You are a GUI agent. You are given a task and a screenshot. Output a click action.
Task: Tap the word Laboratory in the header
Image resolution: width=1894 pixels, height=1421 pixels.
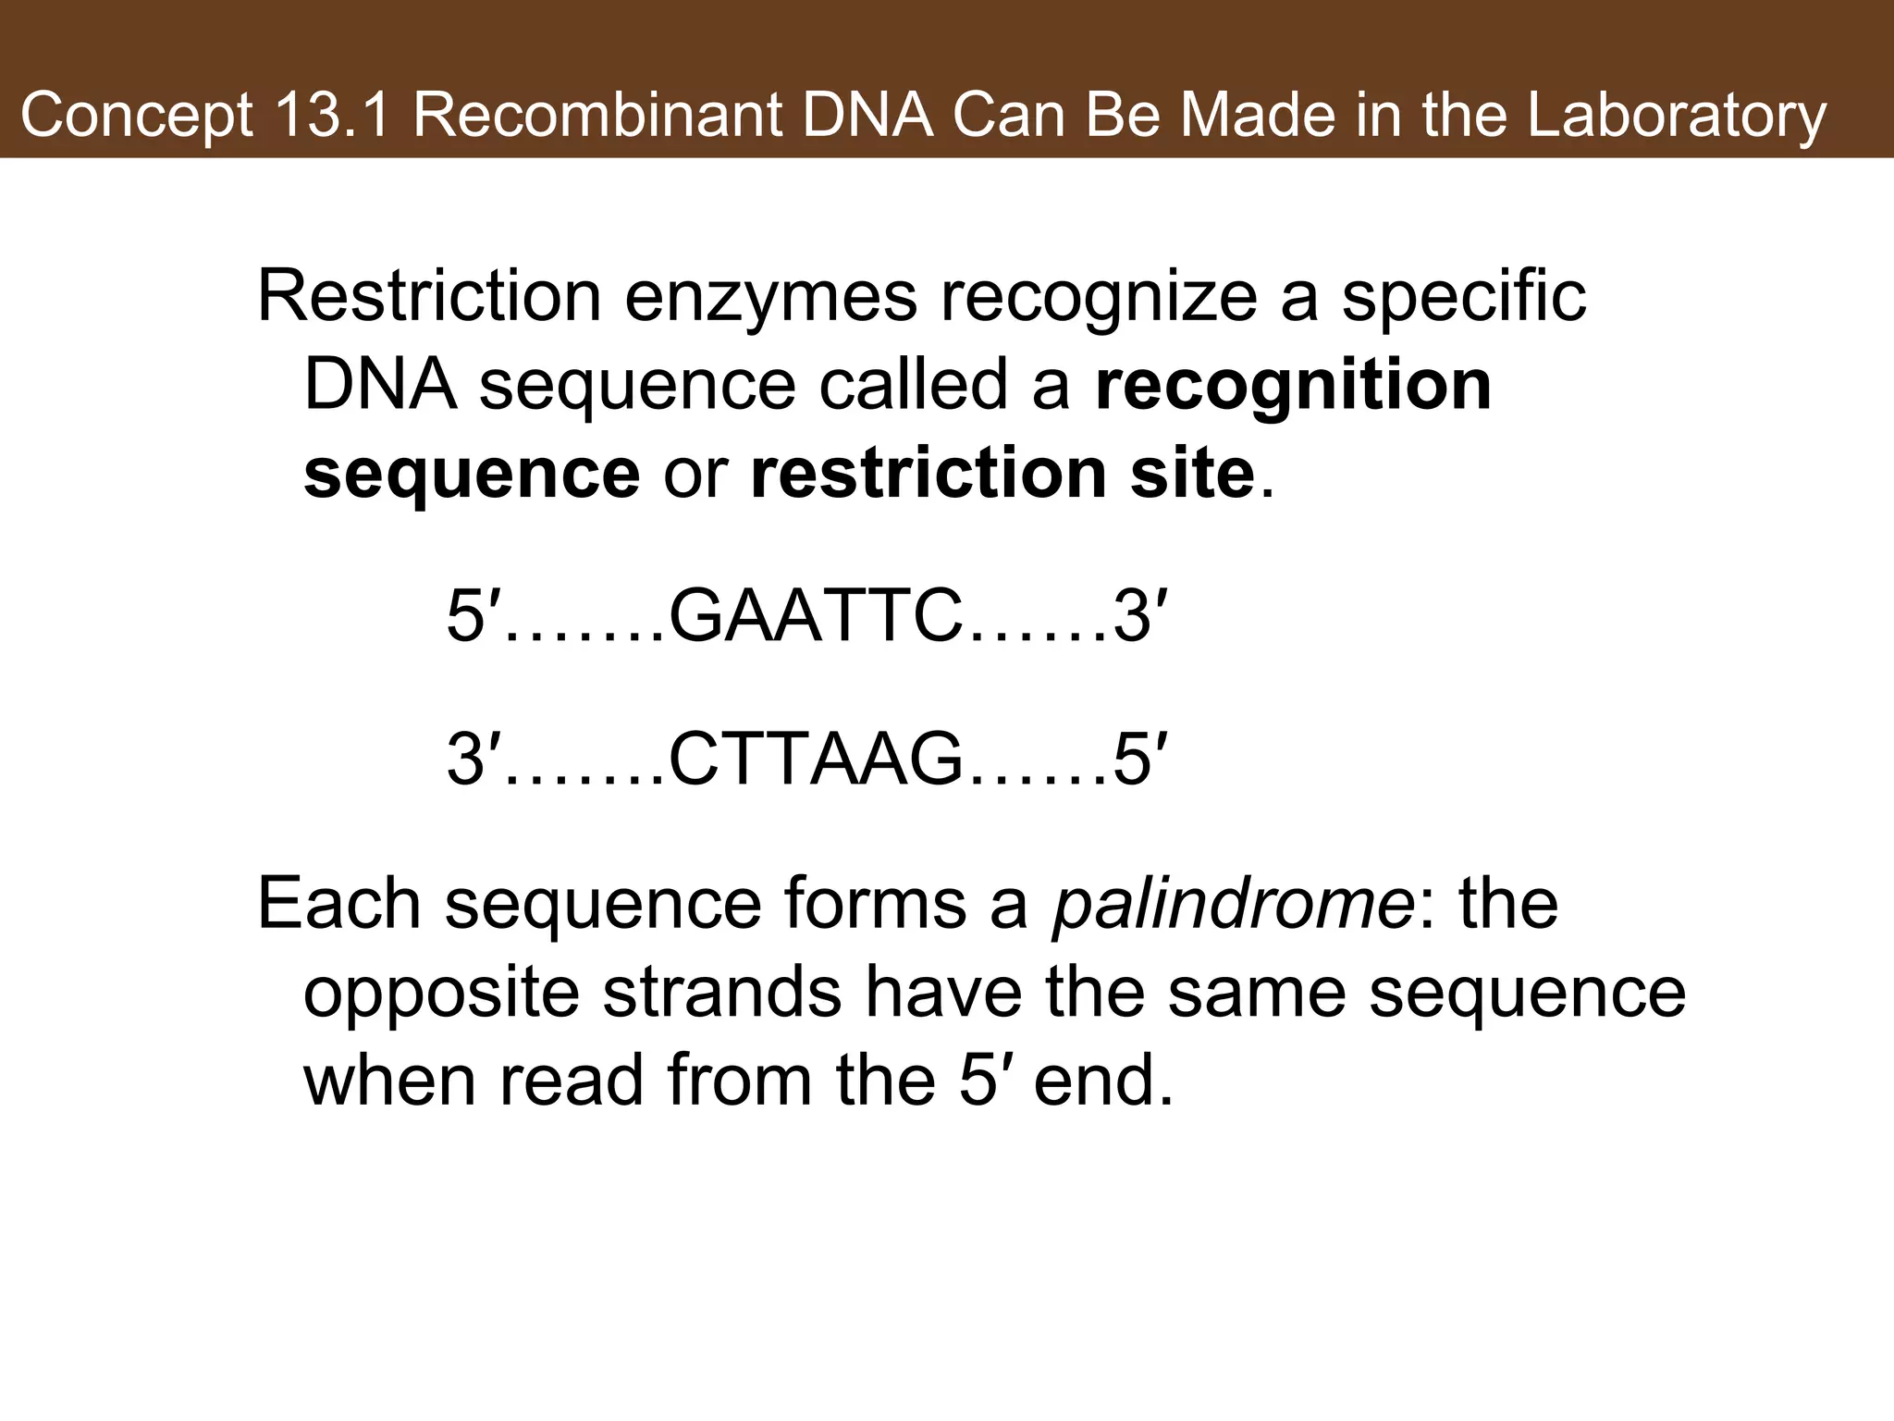click(1677, 116)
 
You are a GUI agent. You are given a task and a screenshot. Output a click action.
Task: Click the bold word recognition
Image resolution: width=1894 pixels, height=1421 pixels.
click(1293, 387)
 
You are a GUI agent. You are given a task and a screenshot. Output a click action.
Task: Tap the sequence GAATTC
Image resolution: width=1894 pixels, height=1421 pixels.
click(814, 617)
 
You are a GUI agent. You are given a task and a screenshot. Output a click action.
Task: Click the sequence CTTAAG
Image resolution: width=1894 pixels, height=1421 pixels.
click(814, 760)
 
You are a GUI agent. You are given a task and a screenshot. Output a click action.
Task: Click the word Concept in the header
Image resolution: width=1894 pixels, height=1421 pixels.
click(136, 117)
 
